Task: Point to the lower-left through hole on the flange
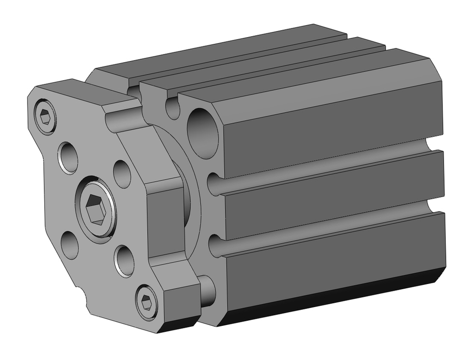70,245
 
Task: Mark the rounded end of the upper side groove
214,183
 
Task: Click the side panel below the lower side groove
329,261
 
